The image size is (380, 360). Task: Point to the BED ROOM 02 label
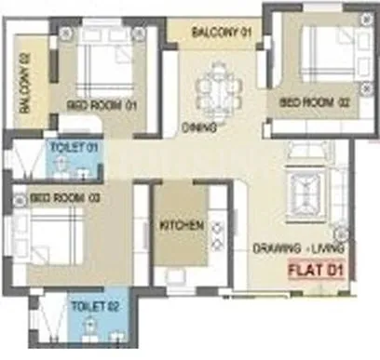[x=304, y=100]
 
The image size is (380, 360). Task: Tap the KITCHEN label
[x=181, y=225]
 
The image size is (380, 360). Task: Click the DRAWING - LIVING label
[x=299, y=249]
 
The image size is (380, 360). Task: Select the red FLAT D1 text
[x=314, y=273]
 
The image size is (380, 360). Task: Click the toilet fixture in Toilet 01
[x=61, y=166]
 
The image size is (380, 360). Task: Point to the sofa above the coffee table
[x=305, y=154]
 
